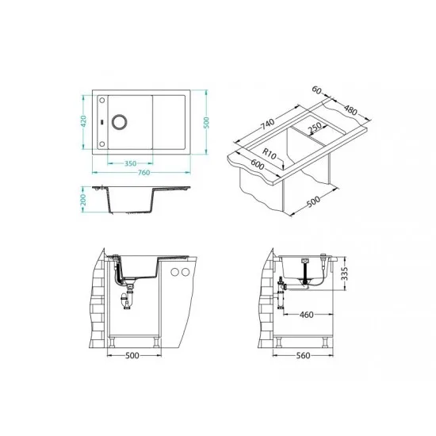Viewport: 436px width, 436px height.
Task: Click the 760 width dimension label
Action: pyautogui.click(x=143, y=172)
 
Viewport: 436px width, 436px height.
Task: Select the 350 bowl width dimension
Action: pyautogui.click(x=130, y=163)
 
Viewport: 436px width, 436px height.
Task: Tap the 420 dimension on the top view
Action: pyautogui.click(x=83, y=121)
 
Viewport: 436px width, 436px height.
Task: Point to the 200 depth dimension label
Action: pyautogui.click(x=83, y=200)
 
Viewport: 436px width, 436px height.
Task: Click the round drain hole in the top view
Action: pyautogui.click(x=120, y=122)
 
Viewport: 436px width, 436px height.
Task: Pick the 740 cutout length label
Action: pyautogui.click(x=267, y=124)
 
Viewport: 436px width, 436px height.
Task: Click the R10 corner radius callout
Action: pyautogui.click(x=270, y=154)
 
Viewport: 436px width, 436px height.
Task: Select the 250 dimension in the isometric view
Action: pyautogui.click(x=315, y=128)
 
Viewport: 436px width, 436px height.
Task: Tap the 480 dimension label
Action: pyautogui.click(x=350, y=109)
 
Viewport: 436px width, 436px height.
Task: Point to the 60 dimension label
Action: pyautogui.click(x=316, y=90)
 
